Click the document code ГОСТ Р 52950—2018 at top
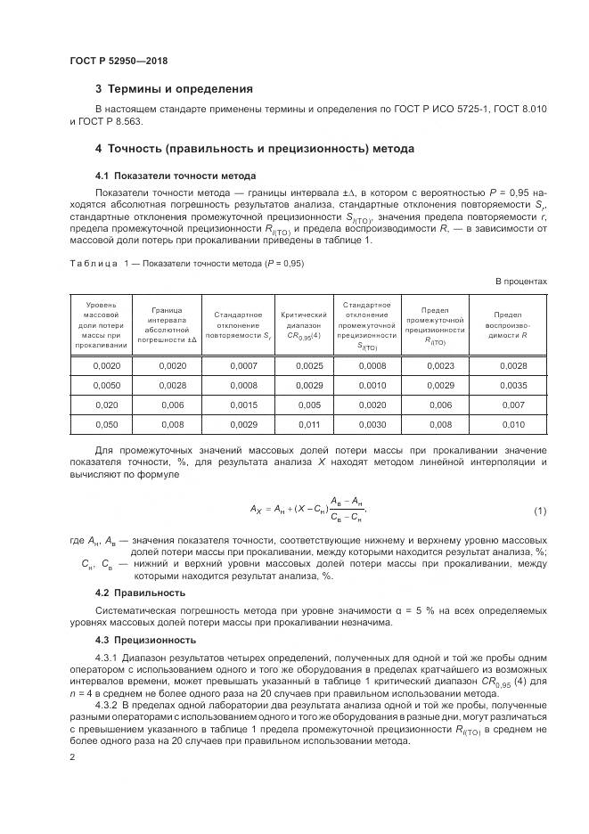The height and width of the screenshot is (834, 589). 119,61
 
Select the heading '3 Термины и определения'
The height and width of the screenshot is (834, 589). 174,89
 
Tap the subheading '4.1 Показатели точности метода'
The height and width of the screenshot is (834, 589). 163,176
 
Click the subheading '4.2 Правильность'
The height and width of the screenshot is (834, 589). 141,593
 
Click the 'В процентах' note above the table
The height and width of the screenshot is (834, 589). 520,282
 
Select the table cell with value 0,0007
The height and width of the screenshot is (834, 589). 242,366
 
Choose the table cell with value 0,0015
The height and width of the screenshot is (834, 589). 242,405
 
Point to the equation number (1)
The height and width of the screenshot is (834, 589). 539,511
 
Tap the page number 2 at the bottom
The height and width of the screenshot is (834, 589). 73,756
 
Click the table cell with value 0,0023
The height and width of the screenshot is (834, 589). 440,366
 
